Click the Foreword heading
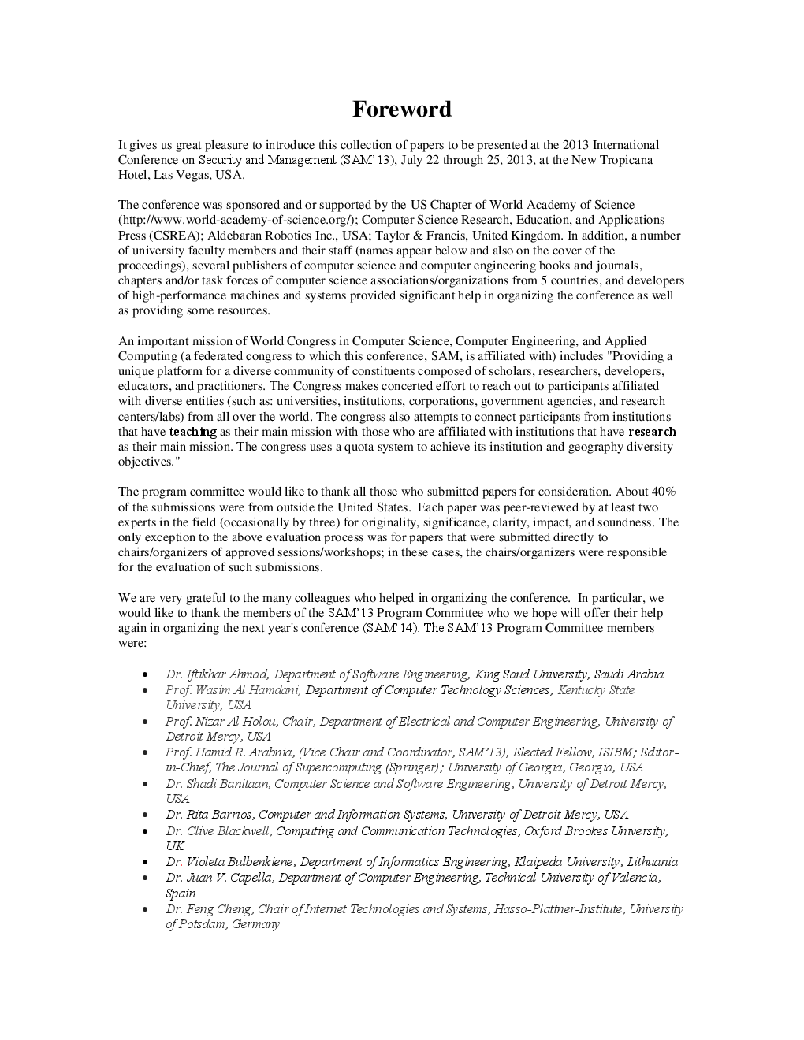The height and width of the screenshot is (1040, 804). pos(401,109)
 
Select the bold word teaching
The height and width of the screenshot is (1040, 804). pos(192,432)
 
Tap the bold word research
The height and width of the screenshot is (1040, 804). pos(652,432)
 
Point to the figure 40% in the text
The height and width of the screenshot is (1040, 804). pos(661,492)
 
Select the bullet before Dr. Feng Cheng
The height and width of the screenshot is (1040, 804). pos(146,910)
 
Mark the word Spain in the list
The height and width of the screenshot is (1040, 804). pos(181,893)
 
